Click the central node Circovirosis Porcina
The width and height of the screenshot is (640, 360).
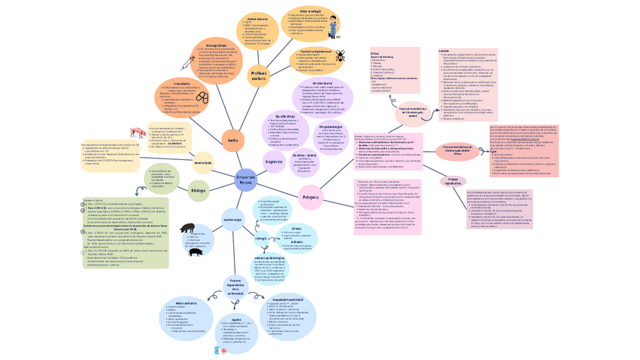[246, 180]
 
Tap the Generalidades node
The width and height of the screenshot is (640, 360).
[203, 162]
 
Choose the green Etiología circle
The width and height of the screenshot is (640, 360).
[198, 190]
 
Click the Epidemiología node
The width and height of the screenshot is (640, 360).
[233, 219]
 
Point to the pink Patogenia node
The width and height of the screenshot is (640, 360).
[311, 198]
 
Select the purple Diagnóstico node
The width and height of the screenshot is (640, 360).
[273, 162]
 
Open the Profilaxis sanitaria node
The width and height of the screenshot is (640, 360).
[258, 74]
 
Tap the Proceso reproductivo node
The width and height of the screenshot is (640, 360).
[454, 182]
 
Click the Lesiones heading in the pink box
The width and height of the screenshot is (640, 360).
[444, 51]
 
